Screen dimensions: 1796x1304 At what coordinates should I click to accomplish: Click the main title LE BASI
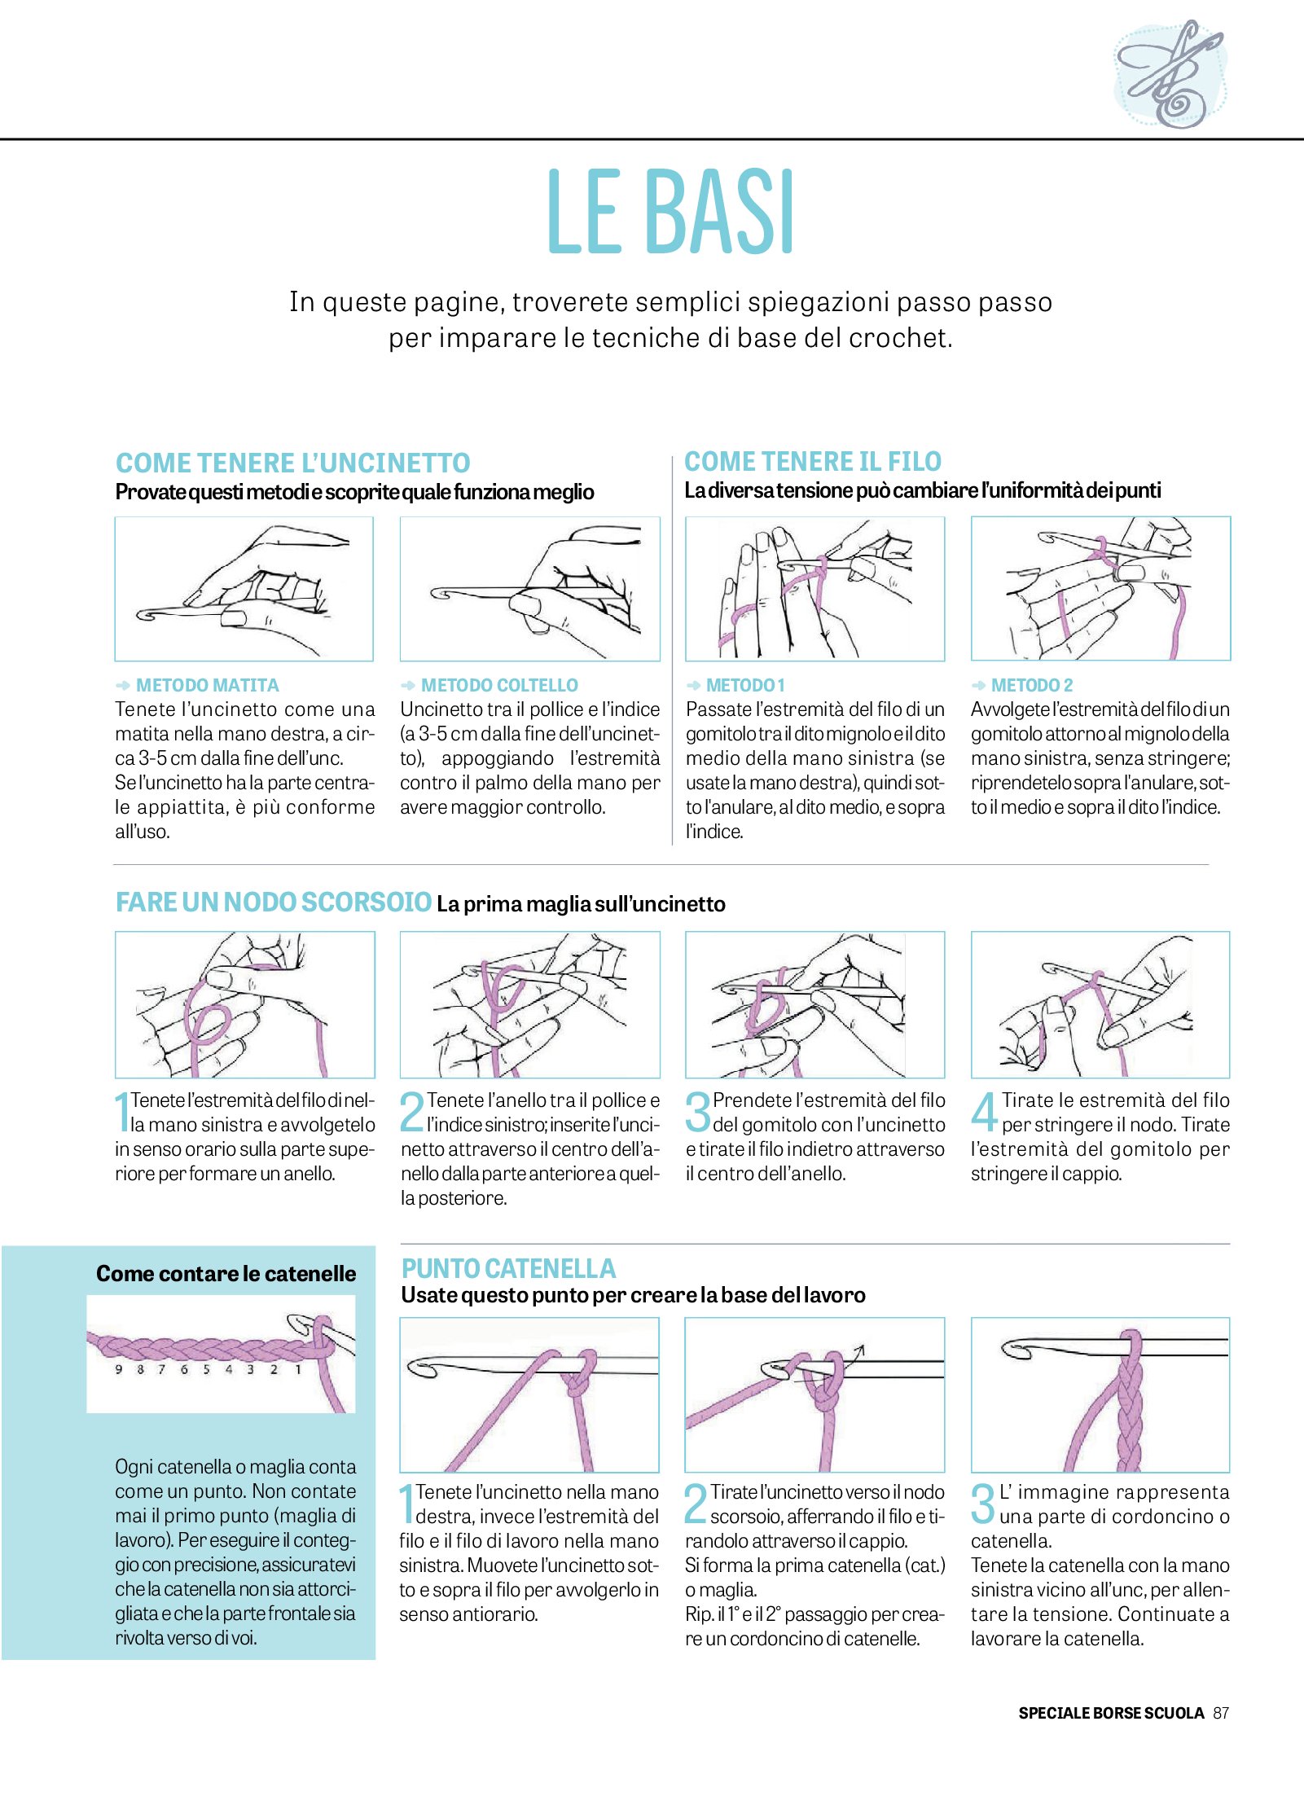pos(671,213)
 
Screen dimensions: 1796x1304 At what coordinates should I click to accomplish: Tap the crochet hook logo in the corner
pos(1170,73)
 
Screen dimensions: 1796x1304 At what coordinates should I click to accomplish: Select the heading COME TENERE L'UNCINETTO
pos(292,463)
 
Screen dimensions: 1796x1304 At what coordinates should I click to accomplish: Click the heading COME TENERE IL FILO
pos(812,462)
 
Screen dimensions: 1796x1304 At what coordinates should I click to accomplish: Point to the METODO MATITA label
pos(207,685)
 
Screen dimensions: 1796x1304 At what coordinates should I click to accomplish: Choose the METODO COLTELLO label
pos(498,685)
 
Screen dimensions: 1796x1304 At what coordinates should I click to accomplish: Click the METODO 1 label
pos(745,685)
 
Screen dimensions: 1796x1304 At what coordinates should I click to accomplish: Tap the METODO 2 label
pos(1031,685)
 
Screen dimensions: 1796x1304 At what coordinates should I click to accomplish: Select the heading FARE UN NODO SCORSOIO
pos(273,902)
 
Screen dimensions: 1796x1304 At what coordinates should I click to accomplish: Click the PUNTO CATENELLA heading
pos(508,1268)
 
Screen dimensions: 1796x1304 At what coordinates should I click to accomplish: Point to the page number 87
pos(1220,1712)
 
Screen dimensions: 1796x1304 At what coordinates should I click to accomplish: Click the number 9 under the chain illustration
pos(119,1369)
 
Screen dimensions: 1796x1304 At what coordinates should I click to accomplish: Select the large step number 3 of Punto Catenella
pos(983,1503)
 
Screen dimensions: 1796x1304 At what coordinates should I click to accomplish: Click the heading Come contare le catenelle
pos(226,1273)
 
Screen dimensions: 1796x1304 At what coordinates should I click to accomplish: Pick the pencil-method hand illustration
pos(244,588)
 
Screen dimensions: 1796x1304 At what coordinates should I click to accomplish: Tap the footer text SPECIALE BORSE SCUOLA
pos(1111,1712)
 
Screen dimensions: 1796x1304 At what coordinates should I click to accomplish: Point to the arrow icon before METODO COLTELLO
pos(408,685)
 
